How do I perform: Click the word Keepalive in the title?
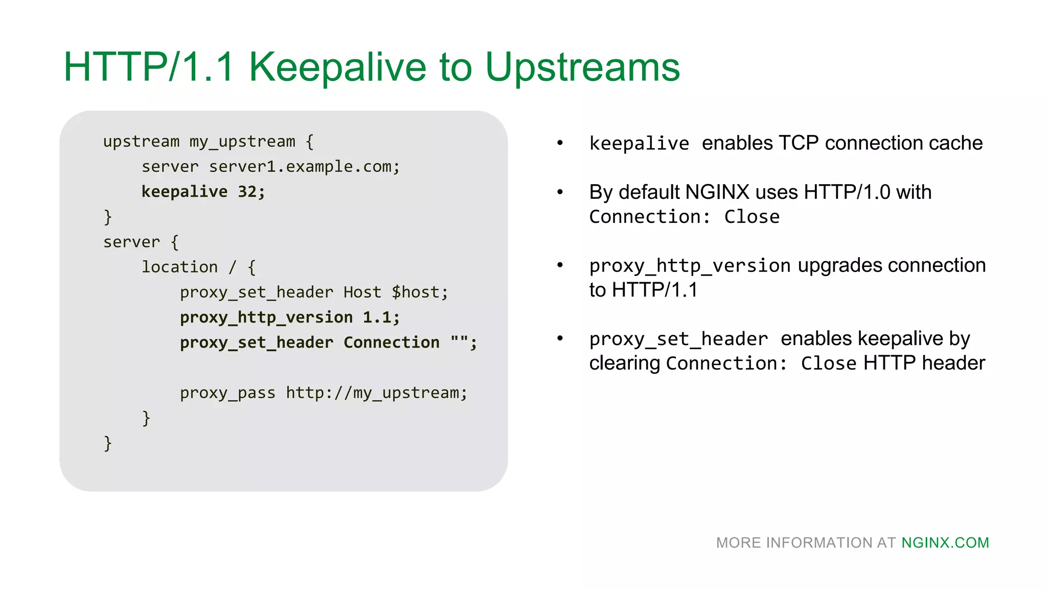coord(337,67)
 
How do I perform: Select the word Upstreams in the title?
coord(582,67)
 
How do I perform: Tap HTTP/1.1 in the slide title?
coord(149,67)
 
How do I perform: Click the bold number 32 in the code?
coord(247,192)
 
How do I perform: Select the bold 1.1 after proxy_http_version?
coord(376,318)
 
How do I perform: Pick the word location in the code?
coord(179,267)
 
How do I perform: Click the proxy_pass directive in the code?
coord(227,393)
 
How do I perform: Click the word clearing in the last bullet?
coord(625,364)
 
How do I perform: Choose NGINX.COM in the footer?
coord(945,542)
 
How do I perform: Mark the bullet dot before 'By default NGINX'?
coord(560,192)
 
